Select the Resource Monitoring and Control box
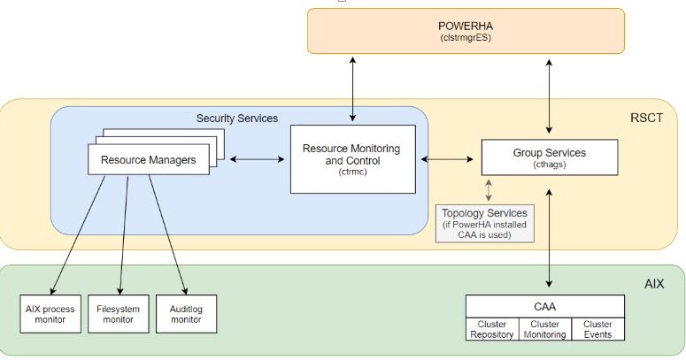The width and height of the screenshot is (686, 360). click(352, 158)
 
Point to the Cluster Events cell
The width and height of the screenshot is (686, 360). click(597, 329)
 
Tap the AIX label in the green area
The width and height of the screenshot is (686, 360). click(656, 284)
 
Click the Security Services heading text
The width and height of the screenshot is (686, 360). click(236, 118)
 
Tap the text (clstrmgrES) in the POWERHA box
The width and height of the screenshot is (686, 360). click(466, 39)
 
